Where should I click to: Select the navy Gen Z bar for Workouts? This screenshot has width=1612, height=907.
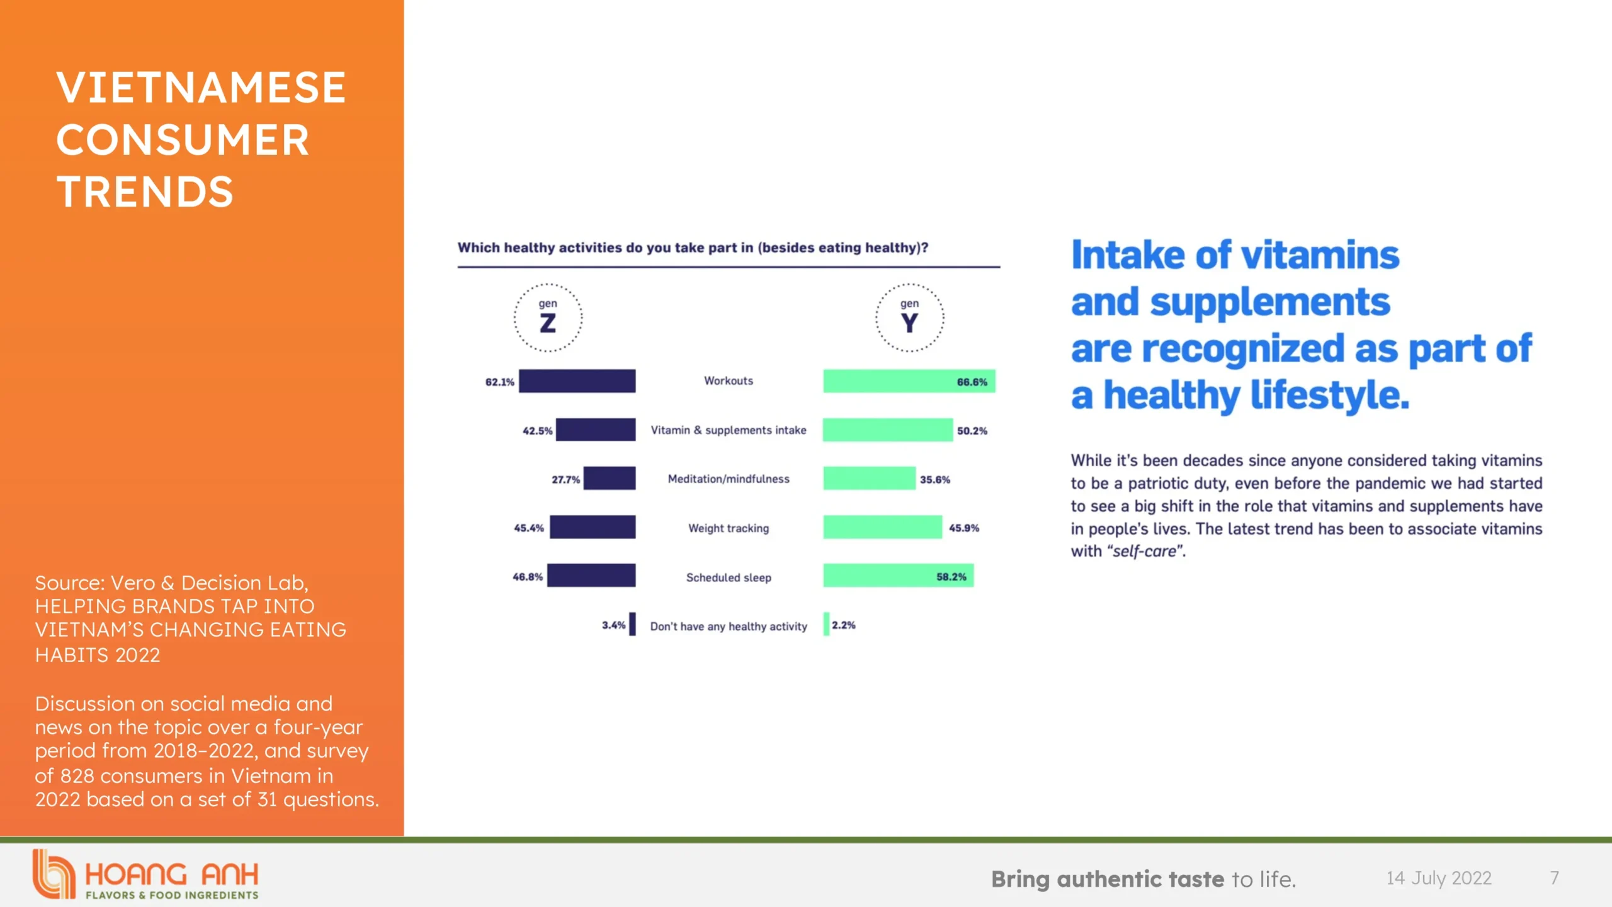click(577, 381)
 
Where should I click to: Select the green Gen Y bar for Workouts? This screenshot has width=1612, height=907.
click(909, 381)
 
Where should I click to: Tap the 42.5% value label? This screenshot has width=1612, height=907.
click(537, 431)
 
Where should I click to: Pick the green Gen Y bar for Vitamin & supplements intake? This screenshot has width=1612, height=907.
click(888, 430)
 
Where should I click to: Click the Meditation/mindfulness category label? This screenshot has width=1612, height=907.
click(729, 479)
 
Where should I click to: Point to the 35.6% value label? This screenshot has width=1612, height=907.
click(935, 479)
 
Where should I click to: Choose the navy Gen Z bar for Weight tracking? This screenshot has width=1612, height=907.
click(593, 527)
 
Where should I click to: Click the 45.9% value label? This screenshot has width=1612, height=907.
click(964, 528)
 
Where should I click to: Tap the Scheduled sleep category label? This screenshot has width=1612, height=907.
click(729, 578)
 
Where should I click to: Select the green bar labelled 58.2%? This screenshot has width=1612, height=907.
click(899, 576)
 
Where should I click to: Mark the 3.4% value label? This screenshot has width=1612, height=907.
click(613, 625)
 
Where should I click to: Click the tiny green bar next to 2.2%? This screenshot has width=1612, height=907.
click(826, 624)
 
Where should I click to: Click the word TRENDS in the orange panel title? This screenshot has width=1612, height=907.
click(145, 191)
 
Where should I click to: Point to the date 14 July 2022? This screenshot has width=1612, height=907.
click(1439, 878)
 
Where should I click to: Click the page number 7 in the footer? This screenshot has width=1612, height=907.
click(1554, 878)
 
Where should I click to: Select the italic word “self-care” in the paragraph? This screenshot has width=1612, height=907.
click(1145, 552)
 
